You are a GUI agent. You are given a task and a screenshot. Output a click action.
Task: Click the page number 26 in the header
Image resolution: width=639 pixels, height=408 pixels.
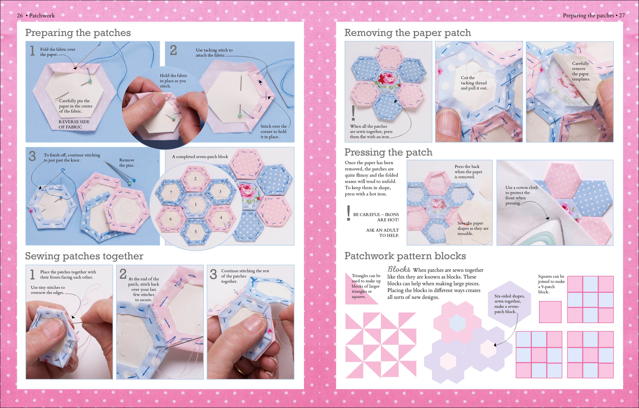[20, 15]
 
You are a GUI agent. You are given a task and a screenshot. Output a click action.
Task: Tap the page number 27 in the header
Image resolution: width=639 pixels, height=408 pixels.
[622, 15]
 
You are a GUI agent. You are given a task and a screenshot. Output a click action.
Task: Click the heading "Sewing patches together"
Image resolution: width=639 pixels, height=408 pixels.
[84, 256]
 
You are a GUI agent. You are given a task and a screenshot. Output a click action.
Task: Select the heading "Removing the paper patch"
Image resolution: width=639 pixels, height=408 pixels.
[408, 33]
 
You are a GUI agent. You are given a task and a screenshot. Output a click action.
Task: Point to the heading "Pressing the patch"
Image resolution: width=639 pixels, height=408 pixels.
[388, 152]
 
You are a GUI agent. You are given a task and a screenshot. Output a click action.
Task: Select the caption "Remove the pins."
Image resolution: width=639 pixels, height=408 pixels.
[127, 163]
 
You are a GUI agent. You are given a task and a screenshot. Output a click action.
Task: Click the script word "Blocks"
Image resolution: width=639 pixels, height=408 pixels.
[399, 269]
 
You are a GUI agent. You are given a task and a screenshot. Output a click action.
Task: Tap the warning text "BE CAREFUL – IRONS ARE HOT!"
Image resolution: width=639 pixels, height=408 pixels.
[376, 217]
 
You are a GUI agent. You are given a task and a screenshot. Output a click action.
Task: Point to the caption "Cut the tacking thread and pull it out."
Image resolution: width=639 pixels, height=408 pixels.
[474, 83]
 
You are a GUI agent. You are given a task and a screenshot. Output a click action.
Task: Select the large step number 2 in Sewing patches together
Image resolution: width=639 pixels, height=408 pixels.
[123, 274]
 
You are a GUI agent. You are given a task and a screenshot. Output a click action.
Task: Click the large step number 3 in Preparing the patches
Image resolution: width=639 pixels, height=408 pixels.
[32, 156]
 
